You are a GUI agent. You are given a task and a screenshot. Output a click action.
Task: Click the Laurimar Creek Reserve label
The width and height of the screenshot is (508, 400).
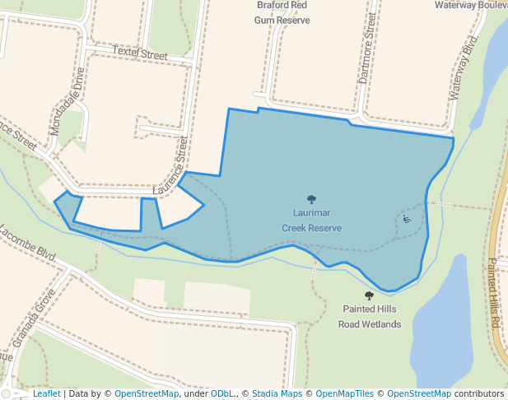coord(311,220)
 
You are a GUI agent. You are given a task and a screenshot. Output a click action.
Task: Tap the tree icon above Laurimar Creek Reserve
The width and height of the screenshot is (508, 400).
coord(311,199)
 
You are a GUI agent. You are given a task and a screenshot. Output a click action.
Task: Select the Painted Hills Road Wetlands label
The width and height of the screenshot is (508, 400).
coord(369,316)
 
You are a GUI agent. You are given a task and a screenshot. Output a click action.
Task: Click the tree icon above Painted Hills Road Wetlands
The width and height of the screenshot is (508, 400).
coord(369,295)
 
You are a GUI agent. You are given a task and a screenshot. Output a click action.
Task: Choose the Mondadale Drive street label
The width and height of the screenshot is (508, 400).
coord(68,101)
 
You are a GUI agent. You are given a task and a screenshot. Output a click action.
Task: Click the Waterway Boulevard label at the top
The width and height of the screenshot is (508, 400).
coord(471,5)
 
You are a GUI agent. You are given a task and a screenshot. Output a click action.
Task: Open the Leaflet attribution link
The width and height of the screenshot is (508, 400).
coord(46,393)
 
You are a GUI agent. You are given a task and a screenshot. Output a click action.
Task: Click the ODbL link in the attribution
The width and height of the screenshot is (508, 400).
coord(222,393)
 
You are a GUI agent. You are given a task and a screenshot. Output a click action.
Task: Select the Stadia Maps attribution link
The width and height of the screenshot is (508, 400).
coord(277,393)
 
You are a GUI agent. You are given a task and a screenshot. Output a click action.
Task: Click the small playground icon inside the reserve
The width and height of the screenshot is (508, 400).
coord(407,219)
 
